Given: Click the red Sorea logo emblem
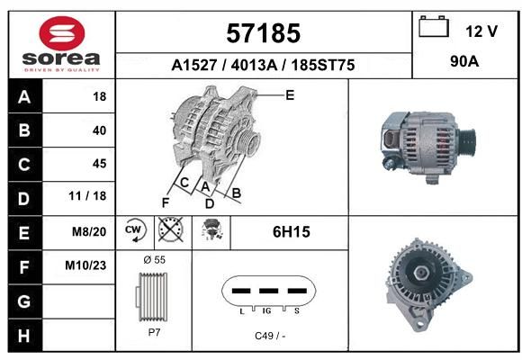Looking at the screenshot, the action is [x=62, y=33].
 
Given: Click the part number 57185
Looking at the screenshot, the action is [x=264, y=33].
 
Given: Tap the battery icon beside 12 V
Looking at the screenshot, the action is [x=434, y=26].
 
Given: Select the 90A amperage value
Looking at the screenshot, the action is [x=464, y=61].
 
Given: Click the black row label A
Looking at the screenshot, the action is [x=25, y=97].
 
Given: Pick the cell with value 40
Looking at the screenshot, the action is [x=79, y=130].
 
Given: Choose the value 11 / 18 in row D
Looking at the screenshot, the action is [x=87, y=196].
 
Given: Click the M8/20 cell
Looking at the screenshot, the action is [x=79, y=232].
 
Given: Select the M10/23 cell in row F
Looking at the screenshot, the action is [x=79, y=266].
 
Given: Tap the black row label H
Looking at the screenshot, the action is [x=25, y=336].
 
